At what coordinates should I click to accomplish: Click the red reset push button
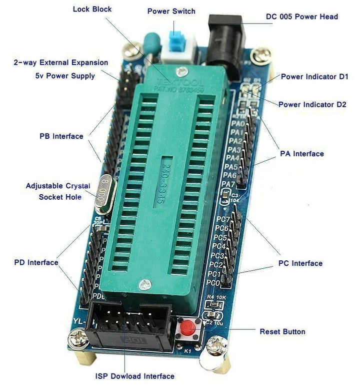[x=187, y=329]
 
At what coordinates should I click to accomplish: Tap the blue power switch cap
[x=176, y=40]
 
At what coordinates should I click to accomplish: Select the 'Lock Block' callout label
[x=92, y=10]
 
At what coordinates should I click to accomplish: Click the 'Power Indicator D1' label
[x=314, y=77]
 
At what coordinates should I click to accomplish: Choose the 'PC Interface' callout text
[x=300, y=263]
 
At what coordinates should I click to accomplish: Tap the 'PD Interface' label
[x=36, y=262]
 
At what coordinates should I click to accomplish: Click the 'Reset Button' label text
[x=282, y=331]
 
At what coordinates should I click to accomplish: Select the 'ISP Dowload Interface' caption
[x=134, y=376]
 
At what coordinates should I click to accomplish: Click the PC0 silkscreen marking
[x=213, y=283]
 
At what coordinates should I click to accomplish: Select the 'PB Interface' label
[x=61, y=136]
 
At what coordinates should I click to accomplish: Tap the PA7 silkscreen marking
[x=227, y=184]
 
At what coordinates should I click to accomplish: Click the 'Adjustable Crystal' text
[x=58, y=186]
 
